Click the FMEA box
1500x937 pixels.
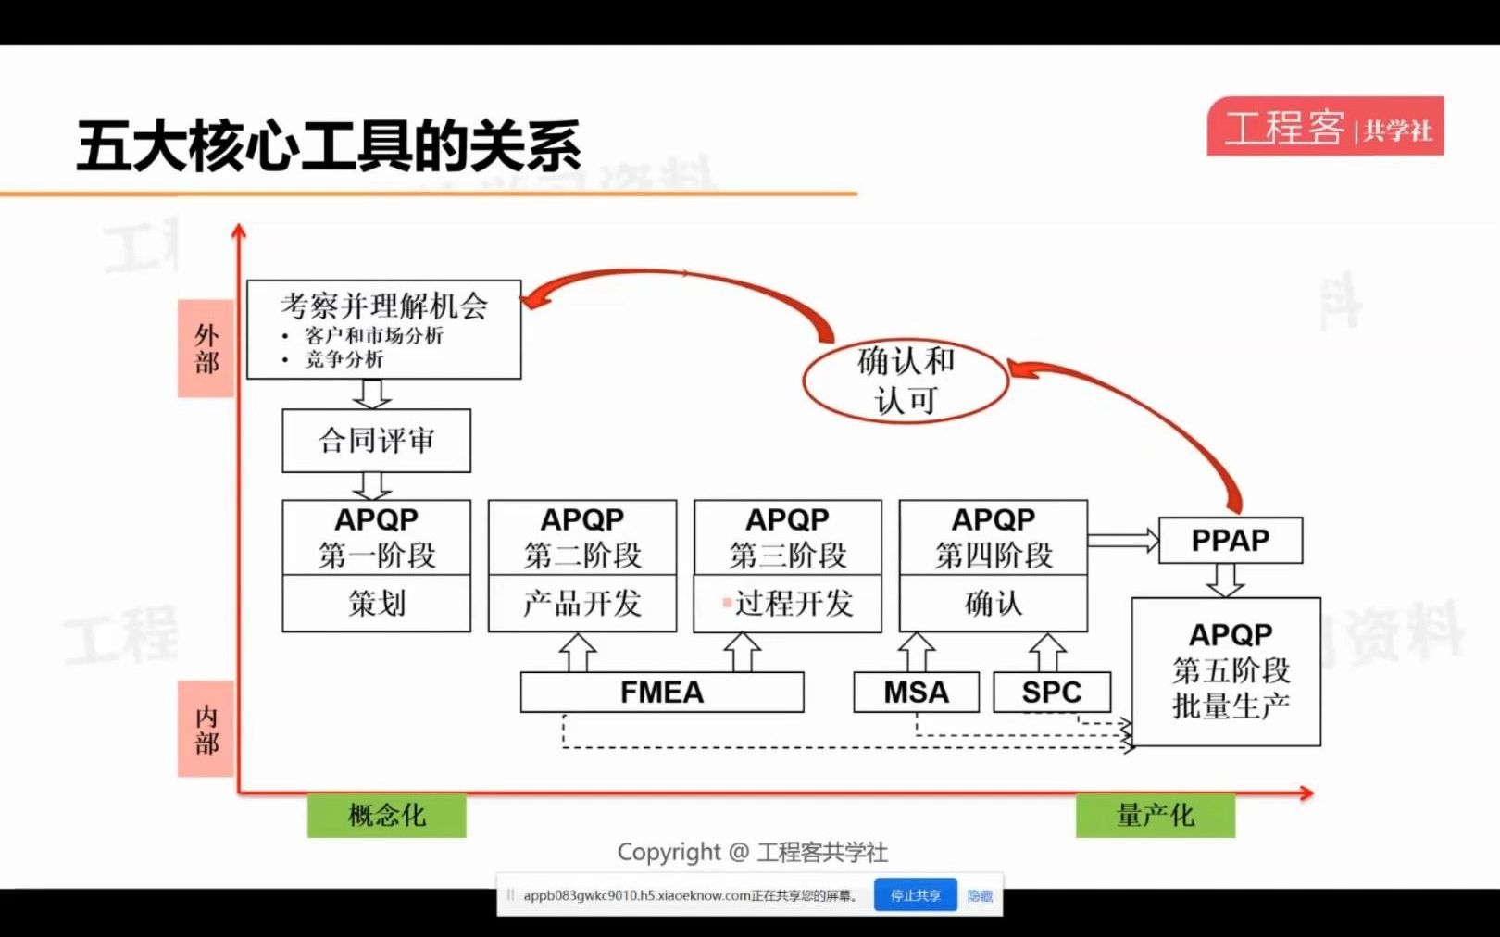[x=662, y=693]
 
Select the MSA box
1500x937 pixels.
[x=916, y=693]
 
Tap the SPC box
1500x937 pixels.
[x=1052, y=693]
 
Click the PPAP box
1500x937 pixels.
[x=1231, y=541]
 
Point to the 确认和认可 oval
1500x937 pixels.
[x=906, y=381]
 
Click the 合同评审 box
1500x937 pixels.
[x=376, y=441]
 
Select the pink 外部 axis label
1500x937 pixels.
[x=206, y=348]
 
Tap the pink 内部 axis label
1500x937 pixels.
[x=206, y=730]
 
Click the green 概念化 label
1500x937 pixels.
[x=387, y=816]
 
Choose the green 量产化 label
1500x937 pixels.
[x=1155, y=816]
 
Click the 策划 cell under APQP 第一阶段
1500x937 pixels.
[x=376, y=604]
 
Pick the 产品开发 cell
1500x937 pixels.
[x=582, y=604]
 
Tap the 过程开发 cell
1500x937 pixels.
[x=788, y=604]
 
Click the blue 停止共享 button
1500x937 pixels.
[x=915, y=895]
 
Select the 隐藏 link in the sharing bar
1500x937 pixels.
[x=980, y=895]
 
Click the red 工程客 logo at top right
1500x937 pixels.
[x=1325, y=127]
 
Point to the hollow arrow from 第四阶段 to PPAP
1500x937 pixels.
[x=1123, y=540]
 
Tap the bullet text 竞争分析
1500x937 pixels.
[x=344, y=359]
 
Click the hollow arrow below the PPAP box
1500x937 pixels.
[x=1225, y=581]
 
